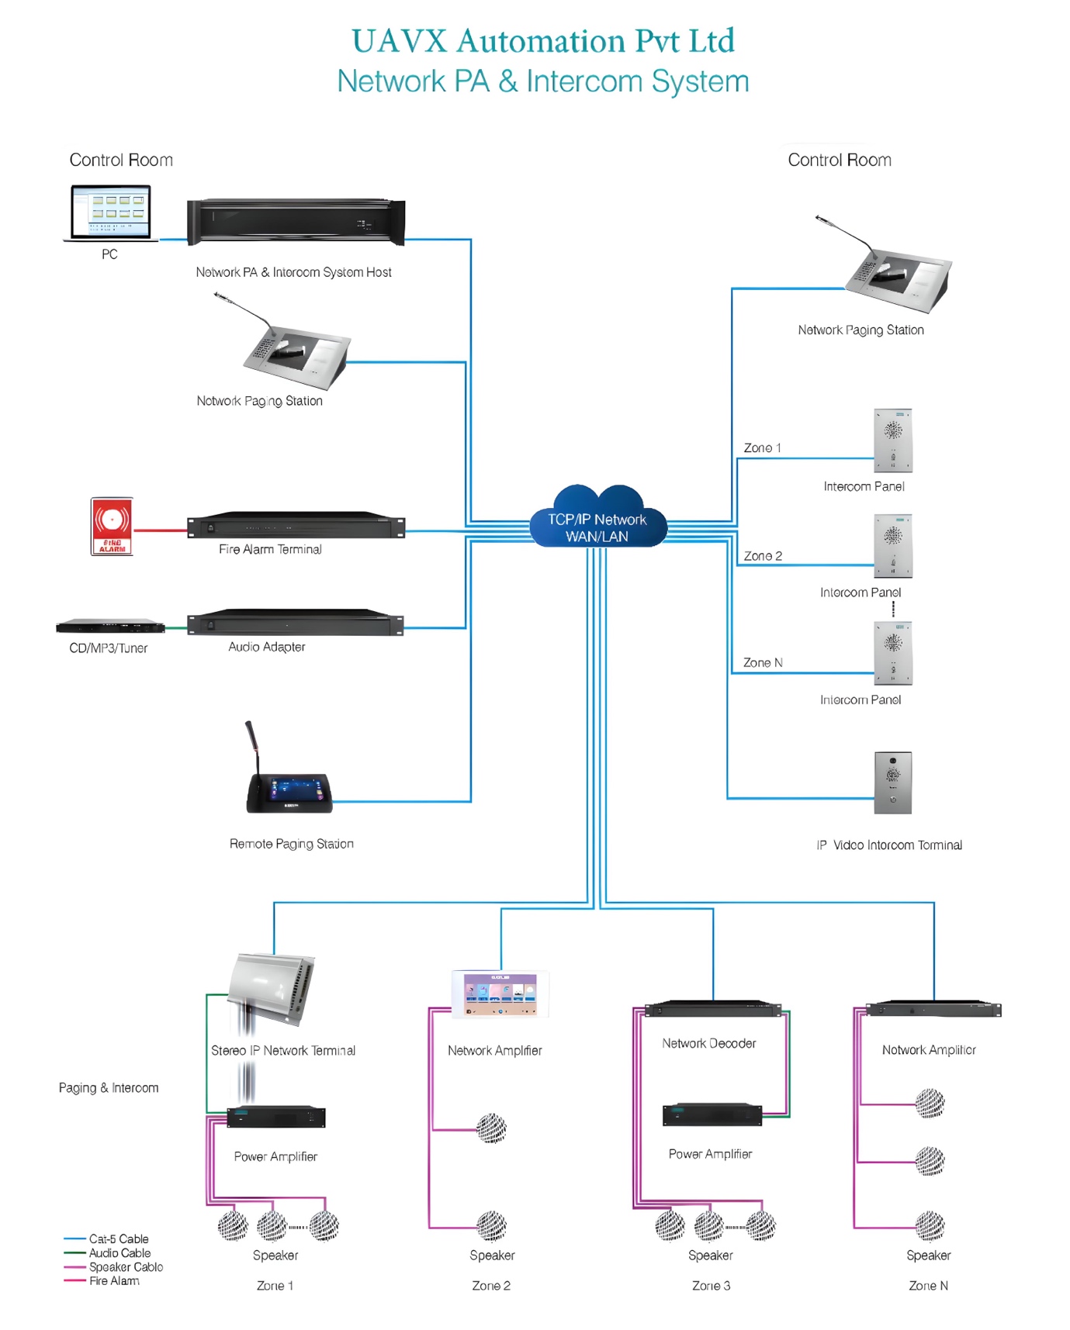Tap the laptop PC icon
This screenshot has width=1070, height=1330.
pos(110,212)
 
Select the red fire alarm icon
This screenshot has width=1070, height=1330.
pos(112,527)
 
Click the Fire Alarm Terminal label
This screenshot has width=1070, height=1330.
pos(270,549)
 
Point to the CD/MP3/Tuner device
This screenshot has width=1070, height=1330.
pos(110,626)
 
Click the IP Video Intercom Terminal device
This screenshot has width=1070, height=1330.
pos(892,782)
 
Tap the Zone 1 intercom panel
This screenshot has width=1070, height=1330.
pos(893,440)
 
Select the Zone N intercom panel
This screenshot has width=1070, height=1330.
pos(893,653)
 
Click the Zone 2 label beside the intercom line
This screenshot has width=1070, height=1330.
pos(763,556)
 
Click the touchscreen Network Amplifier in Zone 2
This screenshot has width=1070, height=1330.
pos(500,993)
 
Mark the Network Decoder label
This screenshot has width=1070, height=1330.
pos(708,1044)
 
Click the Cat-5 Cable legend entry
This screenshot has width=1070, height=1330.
pos(118,1239)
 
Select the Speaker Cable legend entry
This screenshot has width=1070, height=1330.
pos(126,1267)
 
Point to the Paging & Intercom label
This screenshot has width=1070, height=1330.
pos(109,1088)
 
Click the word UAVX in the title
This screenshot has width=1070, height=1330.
pos(400,41)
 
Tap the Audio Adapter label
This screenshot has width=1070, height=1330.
pos(266,647)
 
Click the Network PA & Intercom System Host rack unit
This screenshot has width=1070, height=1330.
pos(296,222)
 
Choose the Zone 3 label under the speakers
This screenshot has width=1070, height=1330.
pos(711,1286)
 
